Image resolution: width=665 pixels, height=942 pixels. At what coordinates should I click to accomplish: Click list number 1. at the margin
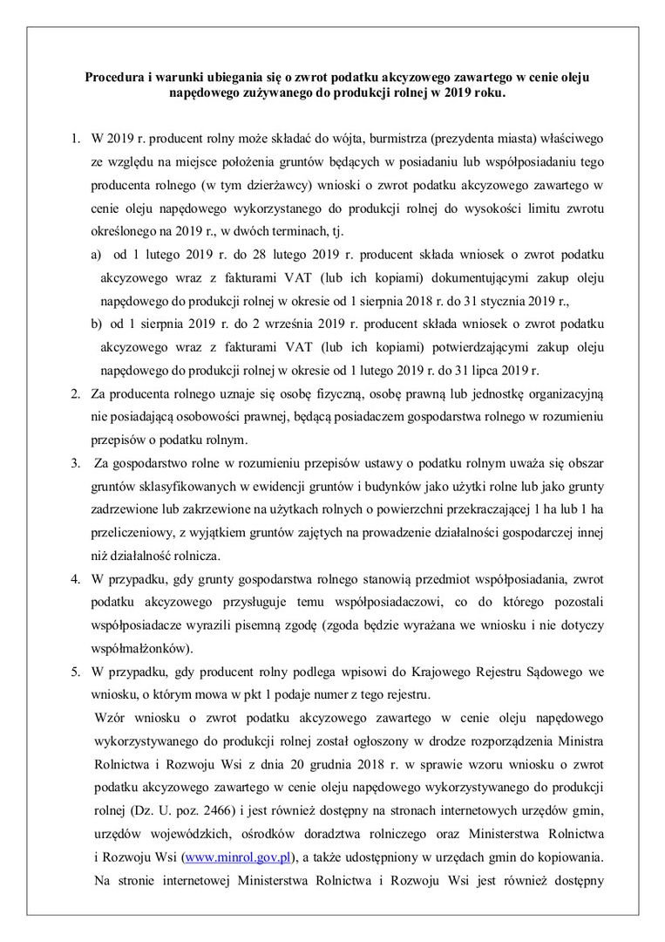point(74,140)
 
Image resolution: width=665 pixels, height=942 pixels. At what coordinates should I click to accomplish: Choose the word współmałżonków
point(139,649)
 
